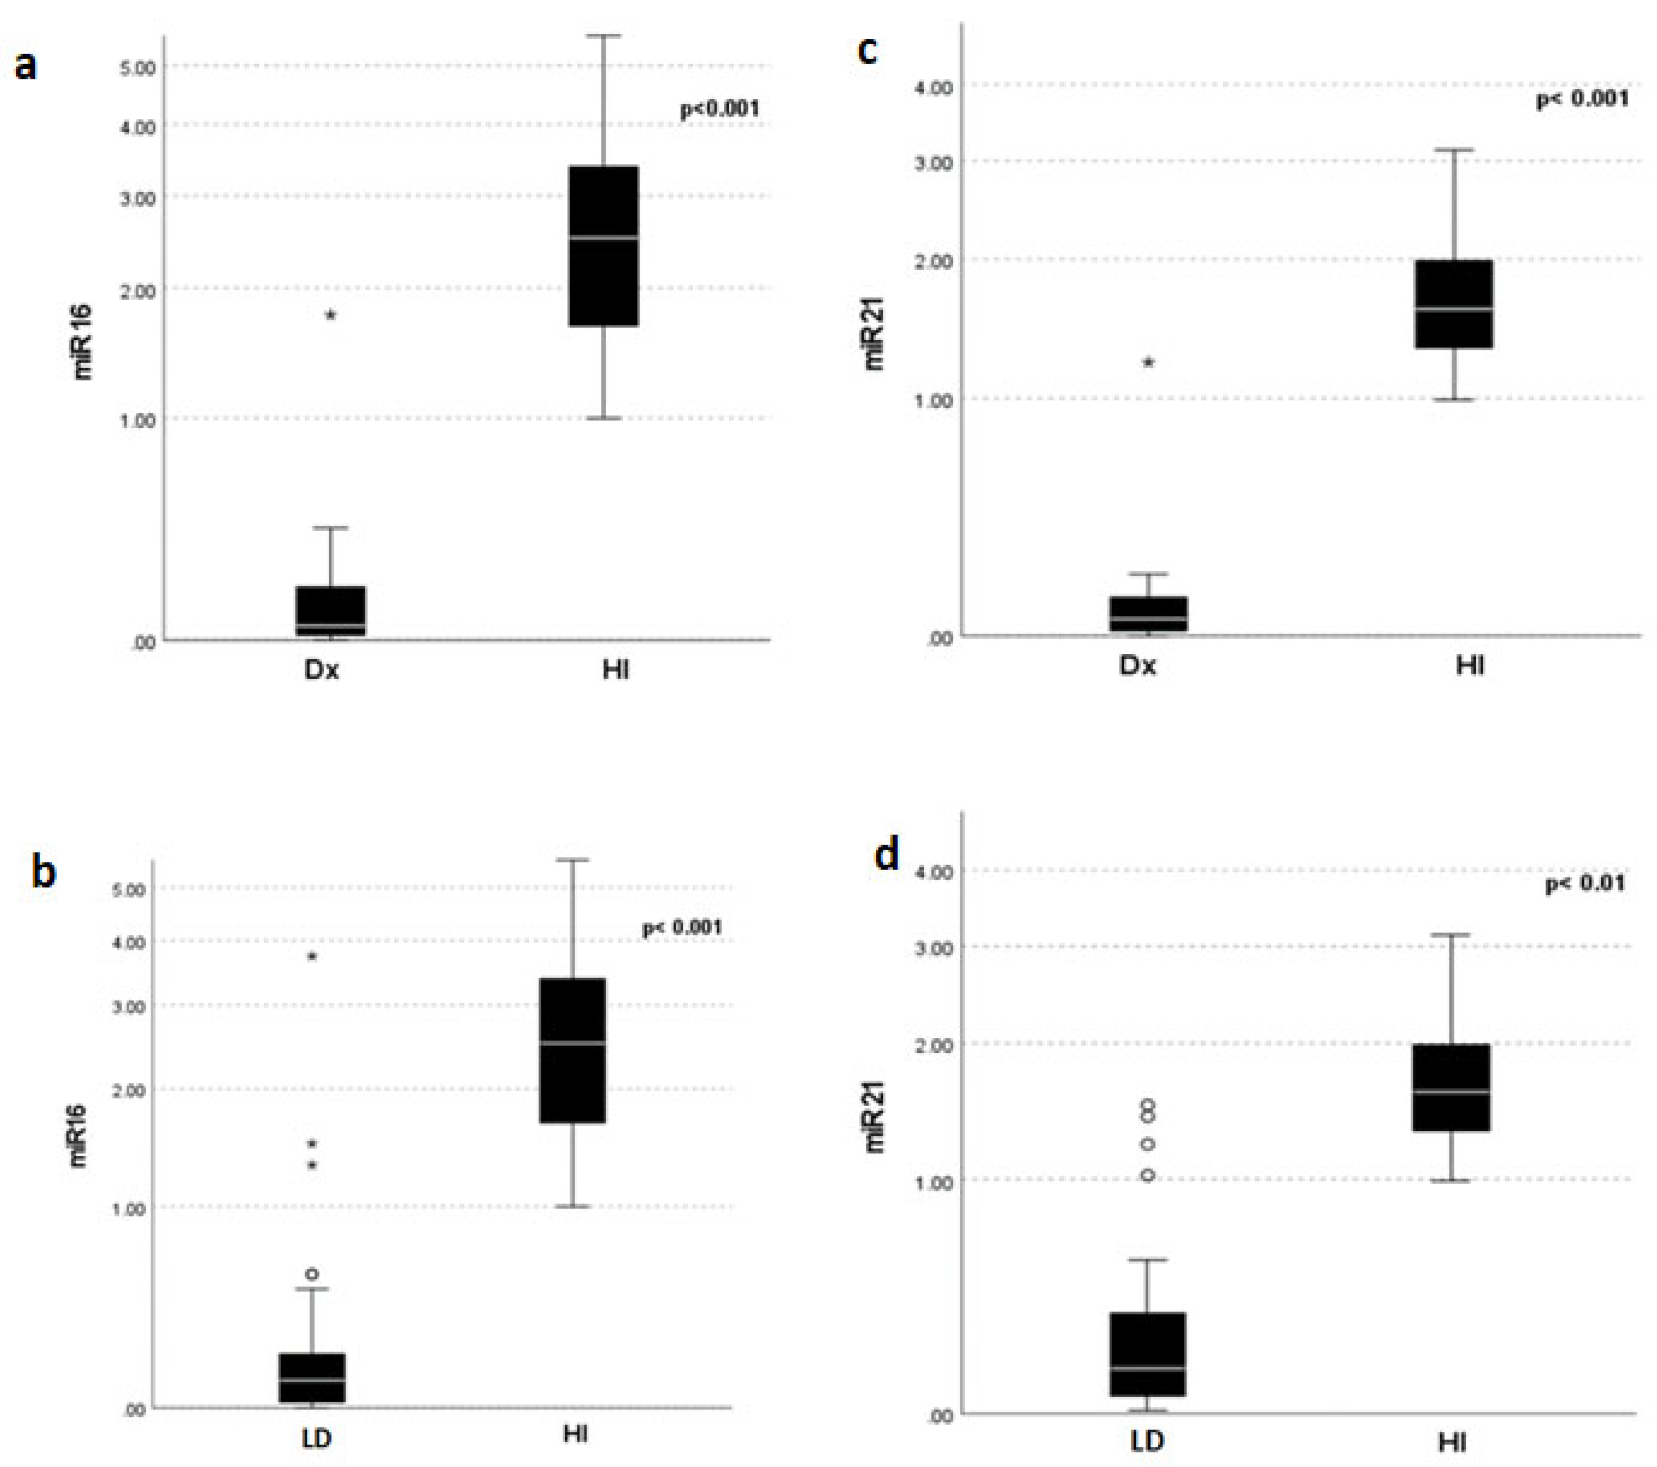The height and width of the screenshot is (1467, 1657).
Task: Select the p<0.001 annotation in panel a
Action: tap(719, 108)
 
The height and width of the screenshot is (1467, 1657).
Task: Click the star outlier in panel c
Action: tap(1149, 363)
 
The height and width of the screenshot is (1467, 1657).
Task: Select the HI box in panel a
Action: tap(603, 246)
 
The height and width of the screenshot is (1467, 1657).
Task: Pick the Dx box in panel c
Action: tap(1149, 614)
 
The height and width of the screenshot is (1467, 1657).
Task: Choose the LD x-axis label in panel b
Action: tap(316, 1439)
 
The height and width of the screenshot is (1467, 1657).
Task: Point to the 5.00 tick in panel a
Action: tap(138, 68)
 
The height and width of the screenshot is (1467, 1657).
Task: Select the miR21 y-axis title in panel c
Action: tap(874, 334)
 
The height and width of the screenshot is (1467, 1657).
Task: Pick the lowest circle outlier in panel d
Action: tap(1148, 1175)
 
